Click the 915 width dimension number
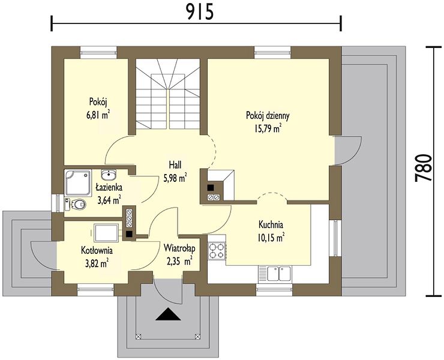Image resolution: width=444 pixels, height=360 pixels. point(200,12)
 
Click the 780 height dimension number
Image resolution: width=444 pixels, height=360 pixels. point(424,167)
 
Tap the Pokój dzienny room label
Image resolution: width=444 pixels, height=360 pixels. point(268,116)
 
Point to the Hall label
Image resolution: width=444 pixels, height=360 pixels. point(175,164)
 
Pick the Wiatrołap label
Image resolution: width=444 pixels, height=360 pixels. point(179,248)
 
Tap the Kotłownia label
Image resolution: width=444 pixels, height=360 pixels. point(97,250)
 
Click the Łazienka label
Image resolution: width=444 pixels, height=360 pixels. point(109,187)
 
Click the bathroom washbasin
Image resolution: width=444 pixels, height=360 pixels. point(109,175)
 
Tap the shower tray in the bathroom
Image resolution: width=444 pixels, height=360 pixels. point(78,182)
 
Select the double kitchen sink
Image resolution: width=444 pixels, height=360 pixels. point(275,274)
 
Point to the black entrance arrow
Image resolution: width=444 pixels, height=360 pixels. point(168,314)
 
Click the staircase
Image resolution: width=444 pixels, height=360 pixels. point(168,94)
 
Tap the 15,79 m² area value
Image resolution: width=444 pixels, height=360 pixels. point(268,128)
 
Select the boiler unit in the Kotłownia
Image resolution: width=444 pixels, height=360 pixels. point(106,233)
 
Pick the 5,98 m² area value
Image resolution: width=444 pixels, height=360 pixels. point(175,178)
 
